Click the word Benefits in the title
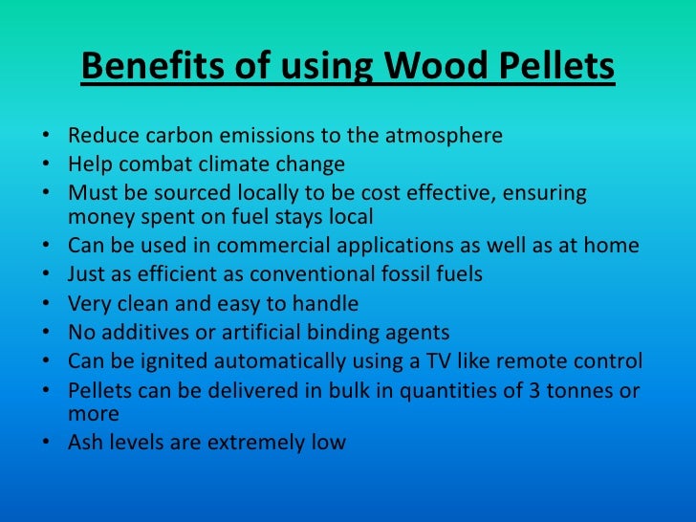[137, 68]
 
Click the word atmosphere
[445, 136]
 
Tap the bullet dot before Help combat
[48, 164]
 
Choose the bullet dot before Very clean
[48, 305]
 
